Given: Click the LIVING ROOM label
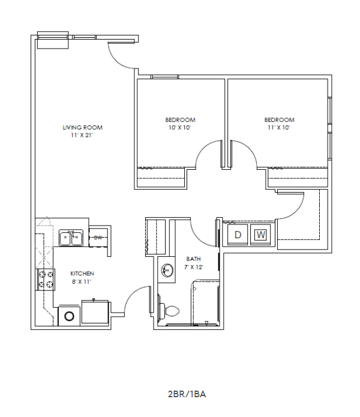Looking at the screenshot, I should point(83,127).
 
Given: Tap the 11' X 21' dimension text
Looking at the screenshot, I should point(83,136).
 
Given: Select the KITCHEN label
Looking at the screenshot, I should point(82,273).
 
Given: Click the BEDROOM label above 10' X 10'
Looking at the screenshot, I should point(181,119).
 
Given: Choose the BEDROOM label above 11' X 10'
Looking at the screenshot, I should point(280,119).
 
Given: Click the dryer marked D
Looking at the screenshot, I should point(237,235).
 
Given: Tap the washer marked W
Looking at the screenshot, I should point(260,235).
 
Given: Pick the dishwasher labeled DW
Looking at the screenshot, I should point(98,238).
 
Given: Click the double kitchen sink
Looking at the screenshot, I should point(72,238).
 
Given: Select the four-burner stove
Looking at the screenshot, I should point(46,278).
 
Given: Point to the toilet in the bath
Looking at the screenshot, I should point(170,311).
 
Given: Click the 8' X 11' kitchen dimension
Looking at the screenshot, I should point(82,281).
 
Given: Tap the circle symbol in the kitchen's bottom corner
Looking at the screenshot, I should point(69,316).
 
